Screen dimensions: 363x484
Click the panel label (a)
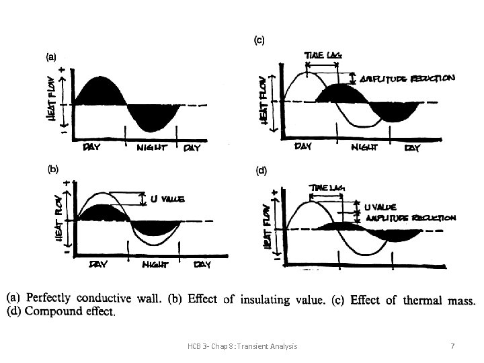coord(51,58)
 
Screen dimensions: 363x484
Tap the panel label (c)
coord(259,40)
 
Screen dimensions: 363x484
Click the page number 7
coord(452,346)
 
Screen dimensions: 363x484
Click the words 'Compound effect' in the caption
coord(82,312)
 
